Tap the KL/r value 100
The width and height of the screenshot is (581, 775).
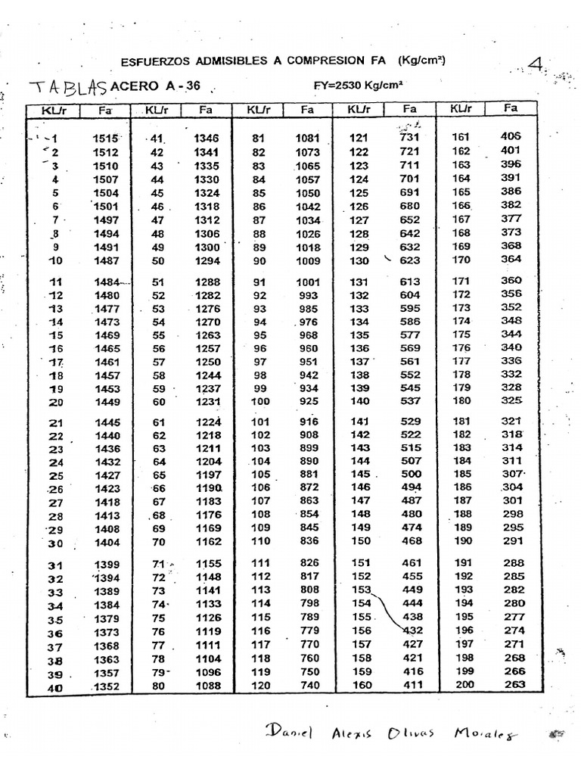click(259, 400)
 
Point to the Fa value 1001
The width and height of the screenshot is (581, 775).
click(309, 282)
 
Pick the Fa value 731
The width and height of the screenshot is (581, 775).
click(409, 137)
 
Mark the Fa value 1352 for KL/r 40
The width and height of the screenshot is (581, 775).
click(105, 687)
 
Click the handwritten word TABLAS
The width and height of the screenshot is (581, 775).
click(67, 87)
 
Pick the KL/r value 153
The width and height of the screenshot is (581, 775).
click(360, 589)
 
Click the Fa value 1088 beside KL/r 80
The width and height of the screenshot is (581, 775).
click(207, 686)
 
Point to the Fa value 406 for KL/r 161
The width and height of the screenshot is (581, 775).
click(511, 136)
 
